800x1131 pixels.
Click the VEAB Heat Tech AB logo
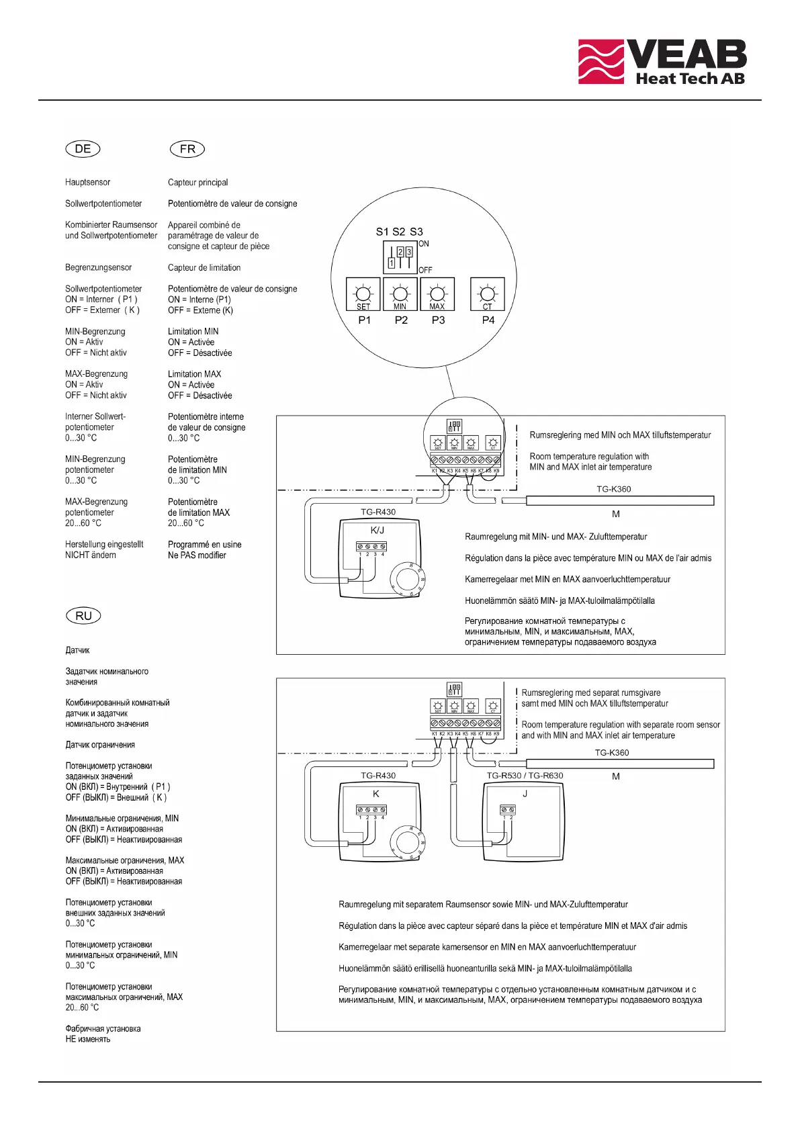click(662, 62)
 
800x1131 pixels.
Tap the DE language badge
click(83, 149)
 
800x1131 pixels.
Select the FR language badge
click(187, 149)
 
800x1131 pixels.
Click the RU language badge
click(83, 616)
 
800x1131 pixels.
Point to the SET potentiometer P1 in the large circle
click(363, 295)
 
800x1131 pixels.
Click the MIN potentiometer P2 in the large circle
click(400, 295)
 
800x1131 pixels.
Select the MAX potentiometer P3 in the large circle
click(437, 295)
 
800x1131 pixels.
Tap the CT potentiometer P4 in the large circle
click(488, 295)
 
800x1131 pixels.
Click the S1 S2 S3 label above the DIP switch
click(399, 232)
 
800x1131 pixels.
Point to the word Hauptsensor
click(87, 182)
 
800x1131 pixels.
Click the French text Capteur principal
click(197, 183)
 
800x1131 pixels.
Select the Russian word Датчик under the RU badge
click(77, 650)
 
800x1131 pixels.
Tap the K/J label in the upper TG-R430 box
click(377, 530)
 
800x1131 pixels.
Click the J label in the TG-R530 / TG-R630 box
click(525, 793)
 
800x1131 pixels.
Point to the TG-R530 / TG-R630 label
click(525, 776)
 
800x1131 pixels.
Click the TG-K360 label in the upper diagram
click(613, 489)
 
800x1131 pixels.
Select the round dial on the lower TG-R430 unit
click(407, 842)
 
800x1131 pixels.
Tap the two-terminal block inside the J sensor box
click(508, 810)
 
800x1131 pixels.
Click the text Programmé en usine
click(204, 545)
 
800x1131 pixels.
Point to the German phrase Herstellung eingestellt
click(104, 545)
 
